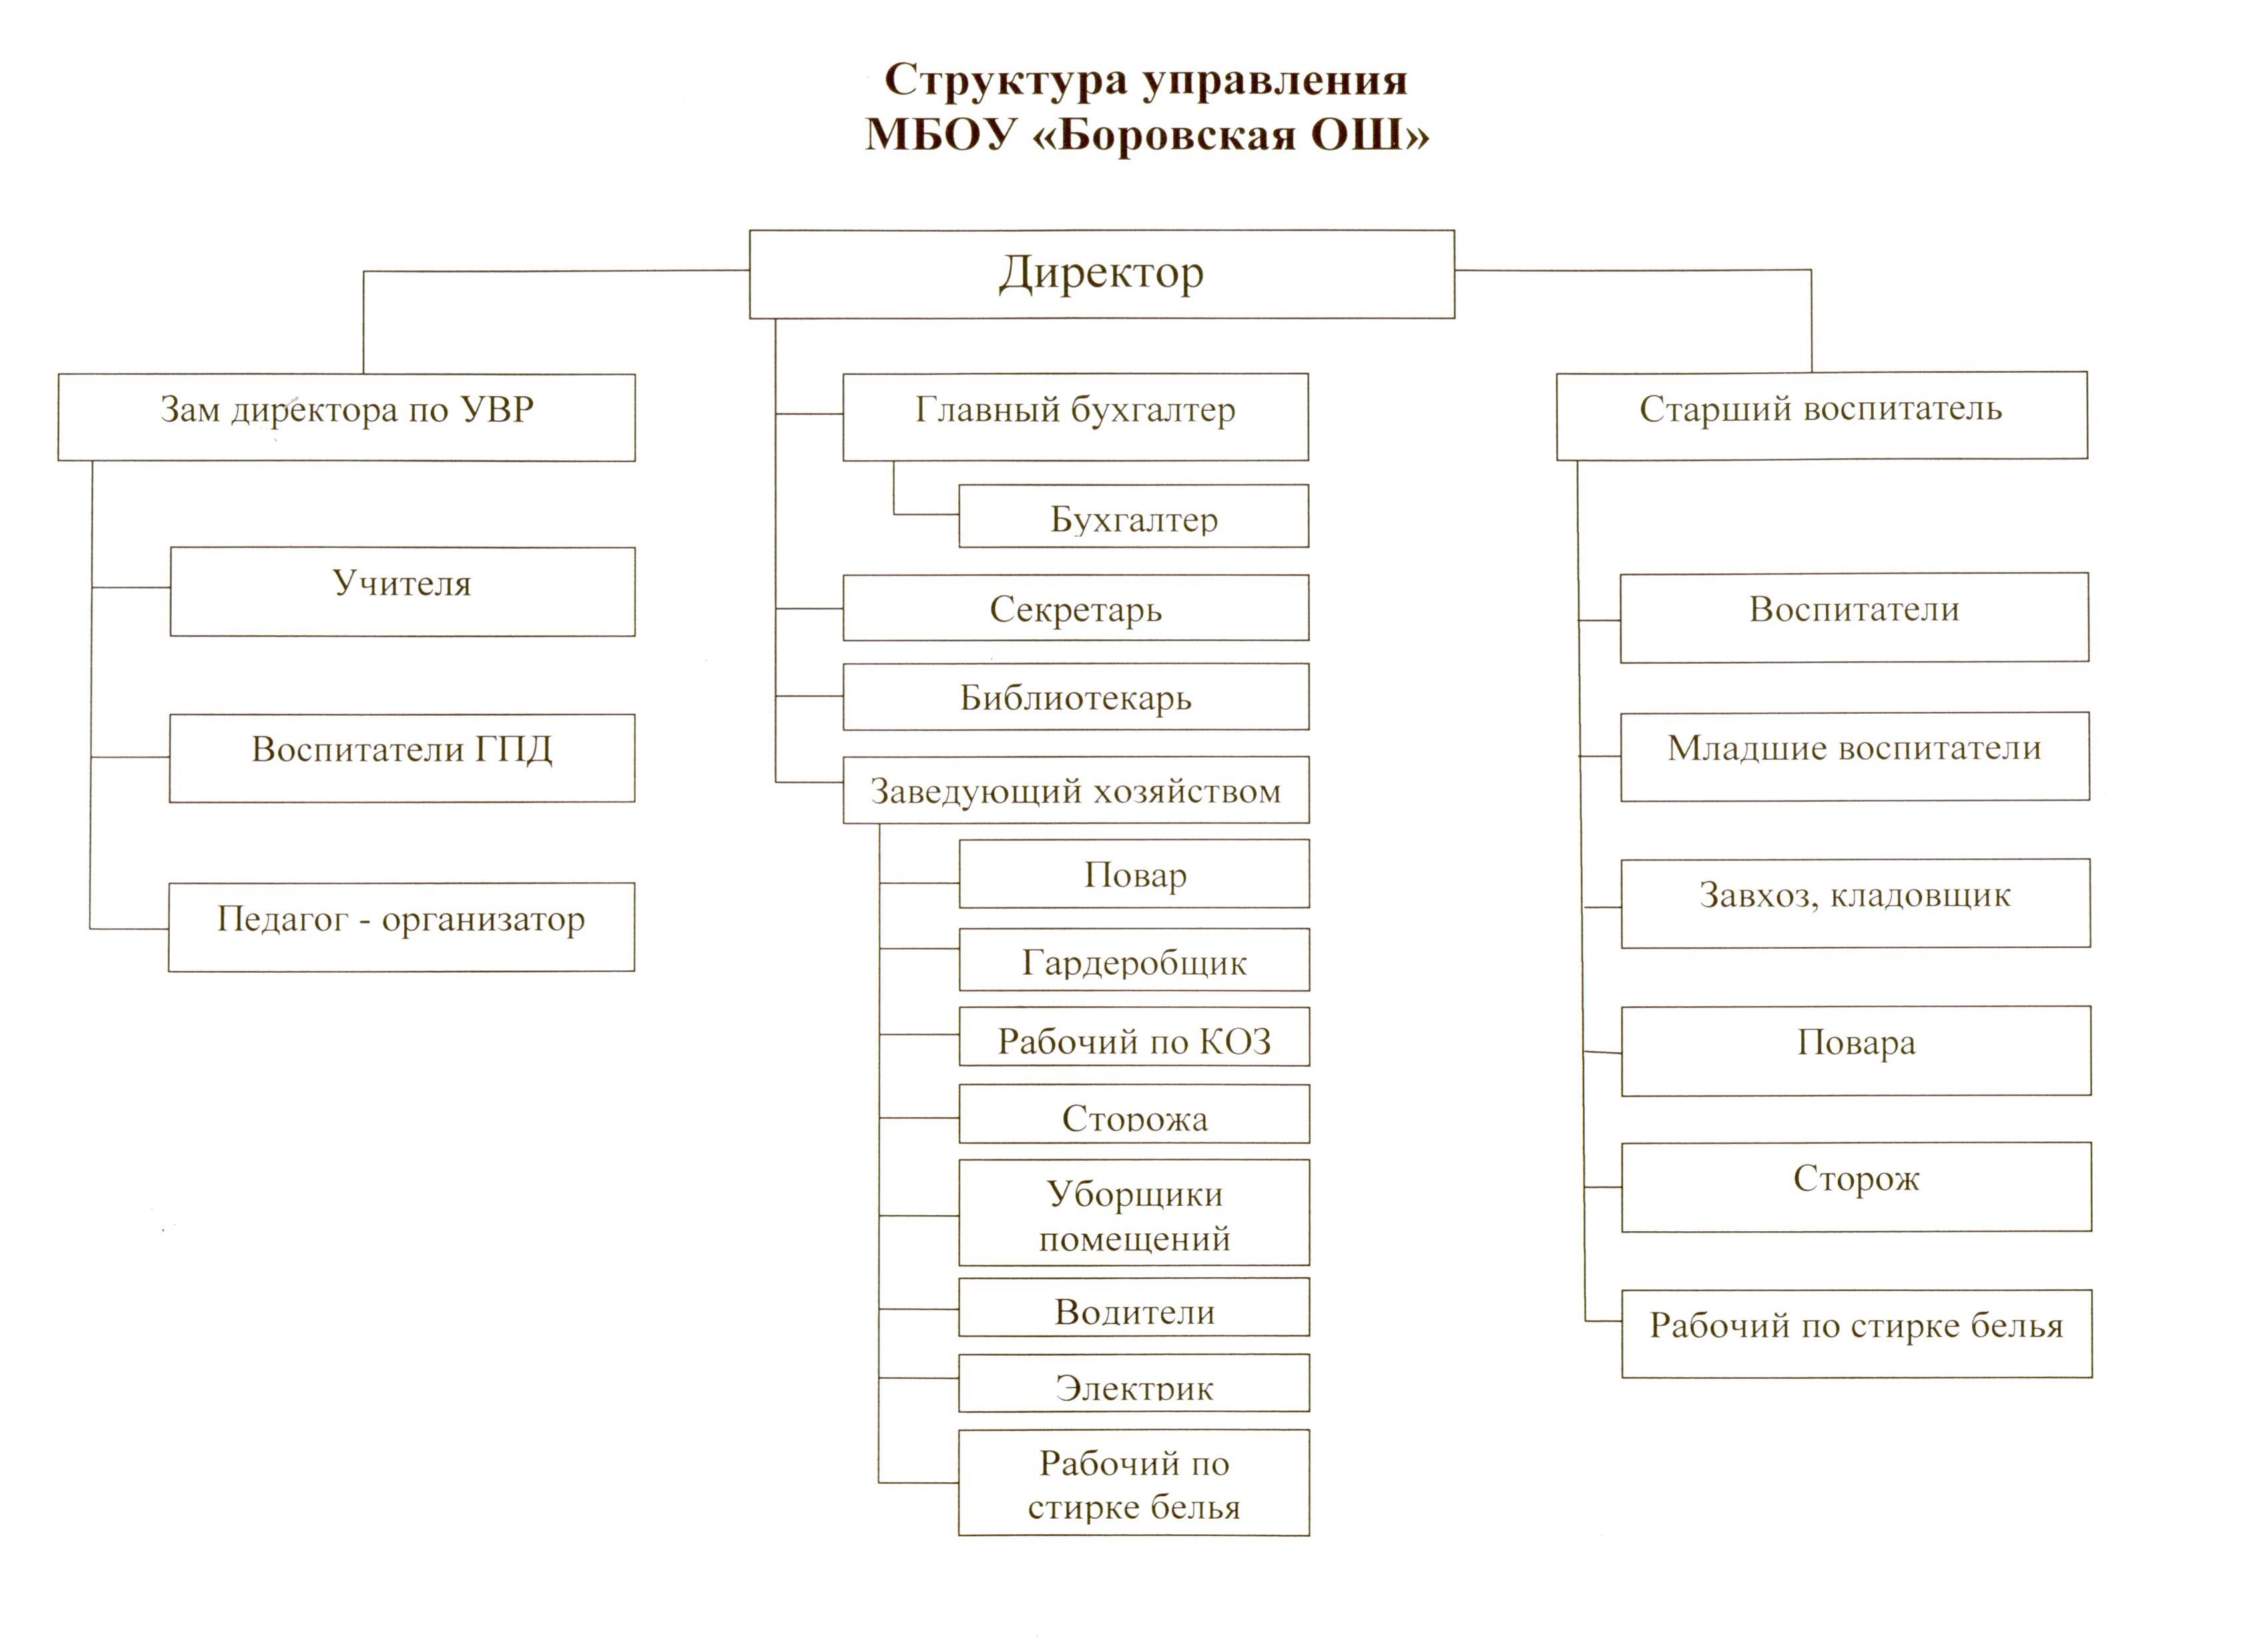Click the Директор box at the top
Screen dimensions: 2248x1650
pyautogui.click(x=1101, y=274)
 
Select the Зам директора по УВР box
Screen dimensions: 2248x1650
pyautogui.click(x=346, y=417)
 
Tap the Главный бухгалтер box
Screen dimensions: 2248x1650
pyautogui.click(x=1075, y=417)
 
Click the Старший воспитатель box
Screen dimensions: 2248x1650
pyautogui.click(x=1822, y=415)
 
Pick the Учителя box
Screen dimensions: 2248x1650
pyautogui.click(x=402, y=591)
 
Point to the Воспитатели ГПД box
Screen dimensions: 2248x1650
pyautogui.click(x=402, y=758)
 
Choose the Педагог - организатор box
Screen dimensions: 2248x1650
pyautogui.click(x=402, y=927)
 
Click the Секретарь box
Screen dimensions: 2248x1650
pyautogui.click(x=1075, y=607)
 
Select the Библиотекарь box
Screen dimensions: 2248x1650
pyautogui.click(x=1075, y=697)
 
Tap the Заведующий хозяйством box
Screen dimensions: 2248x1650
pyautogui.click(x=1075, y=790)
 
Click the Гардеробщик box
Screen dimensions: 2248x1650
pyautogui.click(x=1135, y=960)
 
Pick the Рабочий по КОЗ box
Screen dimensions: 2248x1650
pyautogui.click(x=1135, y=1037)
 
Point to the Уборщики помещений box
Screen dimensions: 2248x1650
pyautogui.click(x=1135, y=1213)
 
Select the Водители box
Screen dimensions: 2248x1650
pyautogui.click(x=1135, y=1306)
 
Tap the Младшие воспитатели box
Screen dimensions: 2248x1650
pyautogui.click(x=1854, y=756)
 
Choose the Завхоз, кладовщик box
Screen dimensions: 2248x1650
pyautogui.click(x=1856, y=903)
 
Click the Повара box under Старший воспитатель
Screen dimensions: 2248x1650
pyautogui.click(x=1856, y=1051)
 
